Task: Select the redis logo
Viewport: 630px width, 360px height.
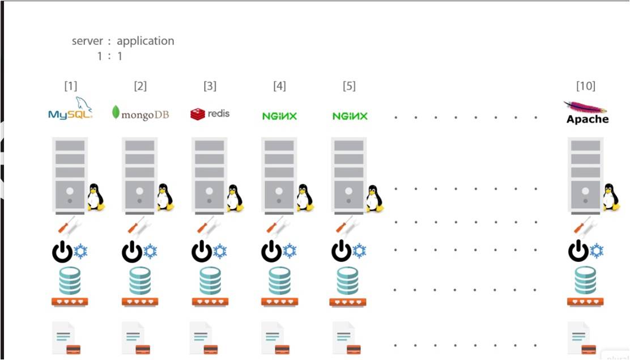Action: click(210, 113)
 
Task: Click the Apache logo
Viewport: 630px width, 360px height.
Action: click(587, 112)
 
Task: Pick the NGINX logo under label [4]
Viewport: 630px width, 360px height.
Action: click(279, 116)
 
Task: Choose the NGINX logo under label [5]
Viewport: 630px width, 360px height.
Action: click(350, 116)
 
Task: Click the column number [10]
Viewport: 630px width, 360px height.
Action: click(585, 86)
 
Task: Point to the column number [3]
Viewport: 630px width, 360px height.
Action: click(210, 86)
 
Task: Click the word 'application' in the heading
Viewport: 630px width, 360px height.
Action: click(146, 41)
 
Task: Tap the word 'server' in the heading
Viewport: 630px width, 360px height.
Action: click(88, 41)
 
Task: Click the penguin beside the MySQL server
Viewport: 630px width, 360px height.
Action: click(95, 197)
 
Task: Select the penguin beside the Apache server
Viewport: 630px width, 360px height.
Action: click(610, 197)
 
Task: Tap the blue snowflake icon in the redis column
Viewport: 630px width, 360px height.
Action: click(220, 251)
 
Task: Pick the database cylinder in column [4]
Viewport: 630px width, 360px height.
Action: click(279, 280)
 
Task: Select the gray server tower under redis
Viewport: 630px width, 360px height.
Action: click(209, 175)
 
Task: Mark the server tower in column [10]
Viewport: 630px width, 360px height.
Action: click(586, 175)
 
